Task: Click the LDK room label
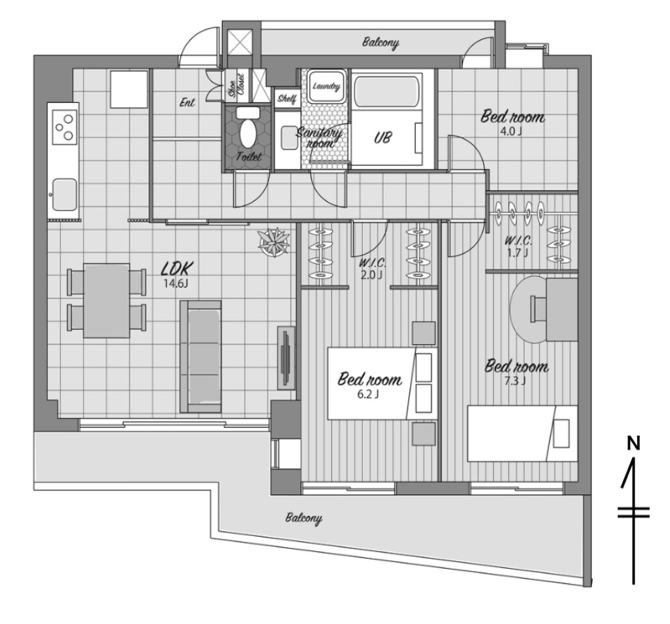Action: (x=177, y=268)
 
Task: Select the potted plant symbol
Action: (x=274, y=242)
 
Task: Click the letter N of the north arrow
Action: (x=633, y=444)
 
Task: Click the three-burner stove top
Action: (x=64, y=127)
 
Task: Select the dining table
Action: (x=107, y=301)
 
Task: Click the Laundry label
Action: (x=326, y=87)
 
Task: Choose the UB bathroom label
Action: (x=382, y=137)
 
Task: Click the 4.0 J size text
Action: (x=511, y=131)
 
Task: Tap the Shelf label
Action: (x=287, y=99)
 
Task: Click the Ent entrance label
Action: (x=187, y=102)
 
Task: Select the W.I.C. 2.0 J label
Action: (x=370, y=269)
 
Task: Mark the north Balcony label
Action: (x=380, y=43)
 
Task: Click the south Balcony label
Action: (x=304, y=518)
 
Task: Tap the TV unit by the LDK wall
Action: (x=286, y=358)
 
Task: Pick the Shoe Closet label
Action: (x=237, y=85)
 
